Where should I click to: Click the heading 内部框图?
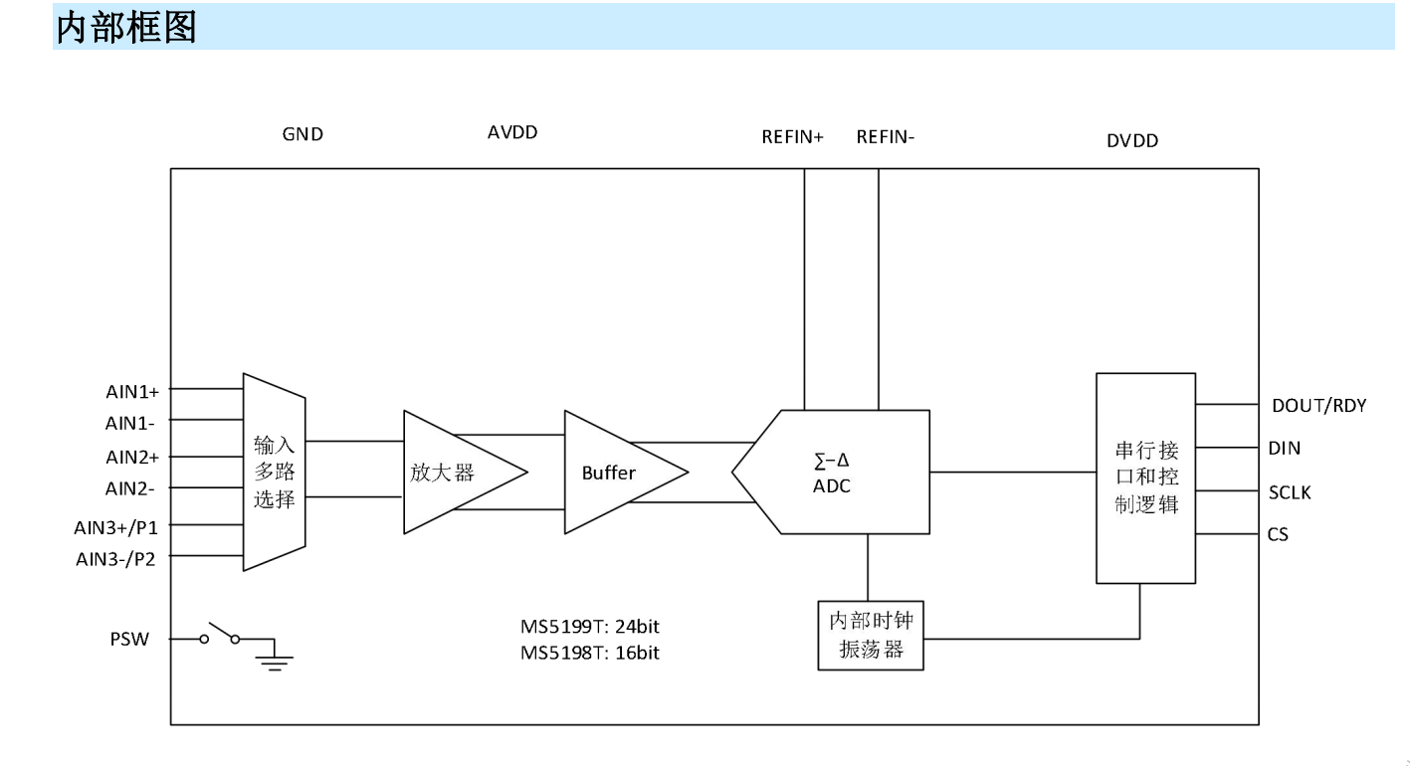click(126, 28)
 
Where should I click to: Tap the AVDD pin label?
click(512, 132)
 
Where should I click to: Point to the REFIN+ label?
click(793, 138)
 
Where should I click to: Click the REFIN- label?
click(886, 138)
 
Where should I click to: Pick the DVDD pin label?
click(1132, 141)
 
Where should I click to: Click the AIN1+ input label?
click(130, 390)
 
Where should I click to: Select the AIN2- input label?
click(130, 488)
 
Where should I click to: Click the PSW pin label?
click(129, 639)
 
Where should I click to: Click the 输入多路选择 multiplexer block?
click(275, 472)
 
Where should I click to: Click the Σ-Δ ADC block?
click(832, 472)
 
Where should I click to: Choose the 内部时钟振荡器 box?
click(871, 636)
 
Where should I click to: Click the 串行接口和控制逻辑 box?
click(1145, 478)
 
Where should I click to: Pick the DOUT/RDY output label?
click(1318, 405)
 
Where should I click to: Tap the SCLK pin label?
click(1290, 491)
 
